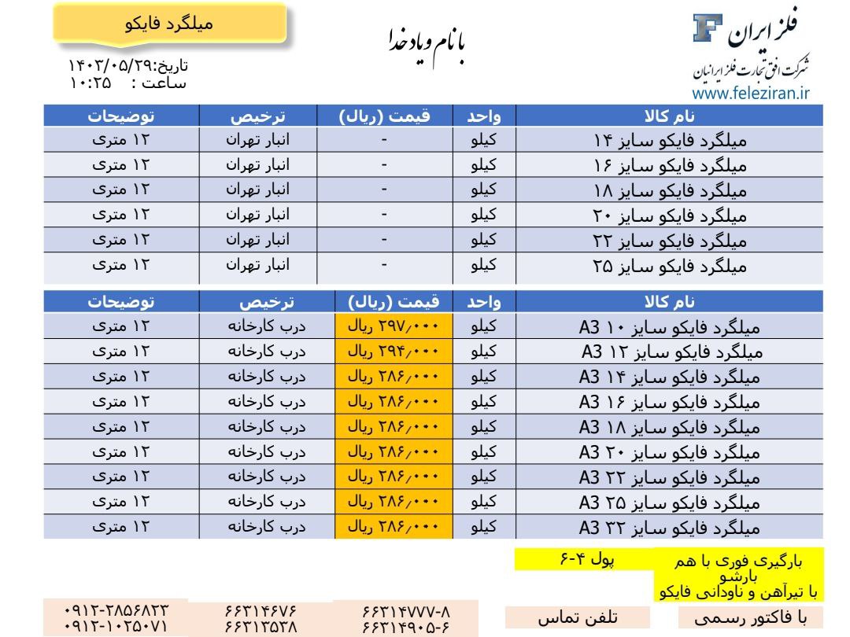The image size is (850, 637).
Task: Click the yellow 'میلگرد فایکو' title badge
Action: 168,24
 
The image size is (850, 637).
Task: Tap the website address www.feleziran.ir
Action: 751,94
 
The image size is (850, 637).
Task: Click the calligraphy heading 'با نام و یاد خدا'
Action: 428,44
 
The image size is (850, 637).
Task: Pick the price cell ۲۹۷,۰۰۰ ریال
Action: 394,325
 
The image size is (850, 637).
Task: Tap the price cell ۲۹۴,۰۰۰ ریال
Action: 394,350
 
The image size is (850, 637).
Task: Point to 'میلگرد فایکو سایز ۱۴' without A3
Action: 669,142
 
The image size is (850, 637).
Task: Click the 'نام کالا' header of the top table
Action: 669,116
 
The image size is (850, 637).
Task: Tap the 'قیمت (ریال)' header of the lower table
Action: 394,301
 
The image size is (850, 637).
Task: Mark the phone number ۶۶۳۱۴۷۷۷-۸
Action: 405,611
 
